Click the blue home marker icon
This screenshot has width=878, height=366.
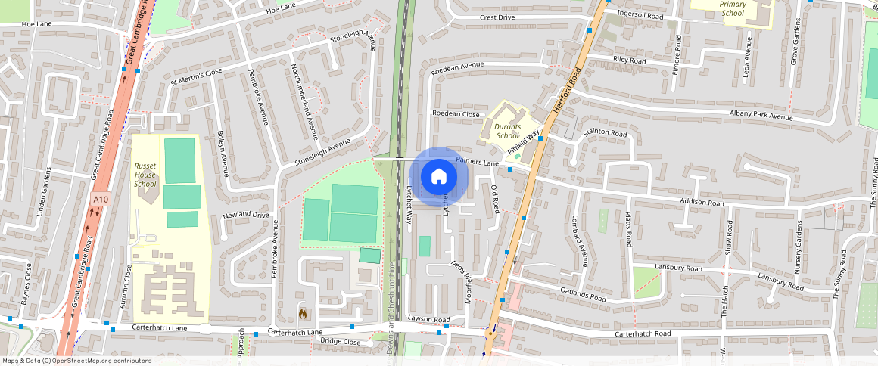coord(438,177)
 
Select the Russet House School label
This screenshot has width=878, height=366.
coord(145,174)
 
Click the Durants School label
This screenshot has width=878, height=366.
coord(507,131)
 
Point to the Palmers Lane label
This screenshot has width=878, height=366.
coord(478,162)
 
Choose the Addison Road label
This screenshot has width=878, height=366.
coord(702,203)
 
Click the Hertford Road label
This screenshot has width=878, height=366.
coord(565,91)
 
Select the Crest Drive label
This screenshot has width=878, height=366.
coord(497,17)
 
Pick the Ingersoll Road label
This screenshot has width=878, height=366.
coord(640,15)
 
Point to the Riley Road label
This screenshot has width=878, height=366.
coord(629,60)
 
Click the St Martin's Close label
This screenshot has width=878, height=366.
coord(197,73)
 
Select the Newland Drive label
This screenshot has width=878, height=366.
coord(246,216)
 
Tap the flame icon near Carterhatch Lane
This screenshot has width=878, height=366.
coord(303,313)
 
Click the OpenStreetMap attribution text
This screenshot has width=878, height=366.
coord(77,361)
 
